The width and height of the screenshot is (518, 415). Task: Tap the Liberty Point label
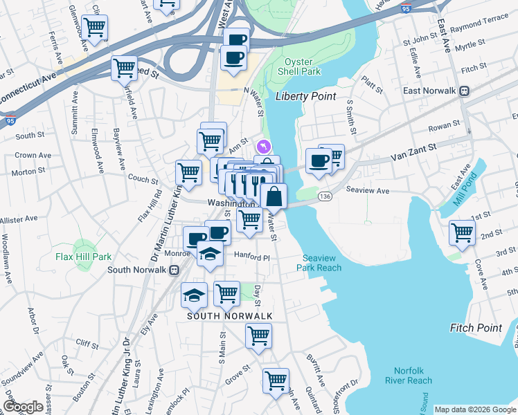pyautogui.click(x=305, y=96)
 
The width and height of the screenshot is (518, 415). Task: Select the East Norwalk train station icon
pyautogui.click(x=466, y=91)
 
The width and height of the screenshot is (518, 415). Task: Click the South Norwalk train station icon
pyautogui.click(x=175, y=269)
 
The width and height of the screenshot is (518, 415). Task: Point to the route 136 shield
pyautogui.click(x=323, y=197)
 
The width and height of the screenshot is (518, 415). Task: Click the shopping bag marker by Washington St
pyautogui.click(x=274, y=196)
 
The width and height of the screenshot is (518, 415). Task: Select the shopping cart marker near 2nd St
pyautogui.click(x=462, y=232)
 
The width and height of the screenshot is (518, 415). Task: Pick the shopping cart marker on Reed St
pyautogui.click(x=125, y=68)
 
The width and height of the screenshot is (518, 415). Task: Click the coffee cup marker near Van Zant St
pyautogui.click(x=319, y=161)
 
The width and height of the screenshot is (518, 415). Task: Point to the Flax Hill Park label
pyautogui.click(x=84, y=257)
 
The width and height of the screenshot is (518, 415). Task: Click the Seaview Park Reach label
pyautogui.click(x=321, y=263)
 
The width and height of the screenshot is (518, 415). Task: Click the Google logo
pyautogui.click(x=24, y=407)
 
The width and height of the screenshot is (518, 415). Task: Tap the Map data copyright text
pyautogui.click(x=474, y=409)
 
